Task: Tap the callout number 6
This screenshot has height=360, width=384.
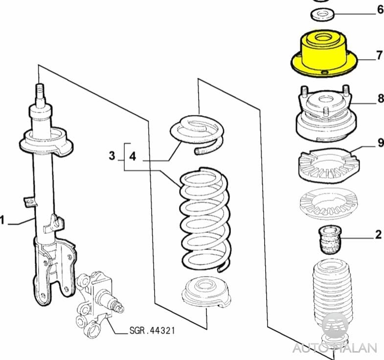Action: [380, 10]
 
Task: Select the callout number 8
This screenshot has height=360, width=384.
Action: [381, 98]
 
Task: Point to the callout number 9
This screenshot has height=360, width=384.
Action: [381, 142]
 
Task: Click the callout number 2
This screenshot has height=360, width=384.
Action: [378, 234]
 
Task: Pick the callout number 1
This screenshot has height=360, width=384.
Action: [2, 220]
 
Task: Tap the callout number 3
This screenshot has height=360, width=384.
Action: [112, 156]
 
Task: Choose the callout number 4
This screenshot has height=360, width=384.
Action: [133, 156]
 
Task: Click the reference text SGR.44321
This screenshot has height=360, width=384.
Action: [152, 331]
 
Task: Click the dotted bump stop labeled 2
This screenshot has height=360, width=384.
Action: [330, 240]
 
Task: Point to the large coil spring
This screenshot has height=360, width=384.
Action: [205, 219]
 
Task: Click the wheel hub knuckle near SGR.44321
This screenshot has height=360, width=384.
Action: [97, 303]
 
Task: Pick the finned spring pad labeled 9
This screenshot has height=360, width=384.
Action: [327, 165]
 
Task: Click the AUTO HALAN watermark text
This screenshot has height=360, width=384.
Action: [335, 348]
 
